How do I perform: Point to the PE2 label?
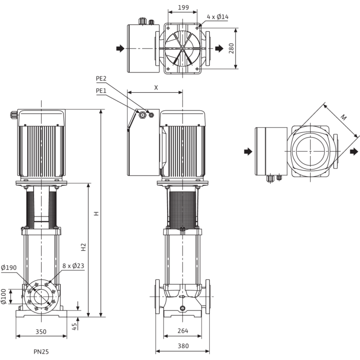[101, 77]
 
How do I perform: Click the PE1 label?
[101, 90]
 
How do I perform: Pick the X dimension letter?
[156, 87]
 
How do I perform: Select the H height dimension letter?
[96, 213]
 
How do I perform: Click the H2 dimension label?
[83, 248]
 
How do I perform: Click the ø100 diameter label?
[3, 296]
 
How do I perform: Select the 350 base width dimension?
[41, 332]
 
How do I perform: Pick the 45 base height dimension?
[74, 326]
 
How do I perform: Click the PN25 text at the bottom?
[41, 352]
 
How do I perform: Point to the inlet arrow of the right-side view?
[247, 151]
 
